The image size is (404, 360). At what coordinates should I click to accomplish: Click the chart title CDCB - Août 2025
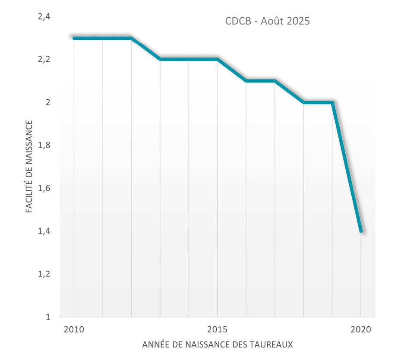[267, 21]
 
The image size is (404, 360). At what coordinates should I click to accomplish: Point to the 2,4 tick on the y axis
[44, 17]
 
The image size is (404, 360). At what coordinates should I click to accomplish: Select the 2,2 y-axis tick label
[44, 60]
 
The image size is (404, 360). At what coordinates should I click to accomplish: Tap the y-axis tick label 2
[48, 102]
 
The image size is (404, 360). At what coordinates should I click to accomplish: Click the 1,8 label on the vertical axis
[44, 145]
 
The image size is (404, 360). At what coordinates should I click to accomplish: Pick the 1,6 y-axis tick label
[44, 188]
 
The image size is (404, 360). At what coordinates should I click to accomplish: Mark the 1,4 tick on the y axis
[44, 231]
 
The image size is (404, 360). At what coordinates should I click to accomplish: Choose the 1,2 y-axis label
[44, 274]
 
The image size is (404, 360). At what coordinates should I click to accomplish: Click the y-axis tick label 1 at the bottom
[48, 317]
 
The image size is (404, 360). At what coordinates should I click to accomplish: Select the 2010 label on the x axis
[74, 330]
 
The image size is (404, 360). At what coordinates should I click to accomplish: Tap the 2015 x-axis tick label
[218, 330]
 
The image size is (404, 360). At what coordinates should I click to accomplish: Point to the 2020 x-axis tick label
[361, 330]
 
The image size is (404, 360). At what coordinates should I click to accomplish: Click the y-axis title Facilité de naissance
[29, 167]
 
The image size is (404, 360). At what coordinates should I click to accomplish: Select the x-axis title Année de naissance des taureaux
[218, 345]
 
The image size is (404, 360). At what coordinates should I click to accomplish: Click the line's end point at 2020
[361, 231]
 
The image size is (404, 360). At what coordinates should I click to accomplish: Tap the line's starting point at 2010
[74, 38]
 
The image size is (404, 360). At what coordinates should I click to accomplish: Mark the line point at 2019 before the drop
[332, 102]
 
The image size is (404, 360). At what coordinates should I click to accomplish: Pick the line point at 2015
[218, 59]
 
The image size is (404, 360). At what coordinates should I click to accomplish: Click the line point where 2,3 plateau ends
[131, 38]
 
